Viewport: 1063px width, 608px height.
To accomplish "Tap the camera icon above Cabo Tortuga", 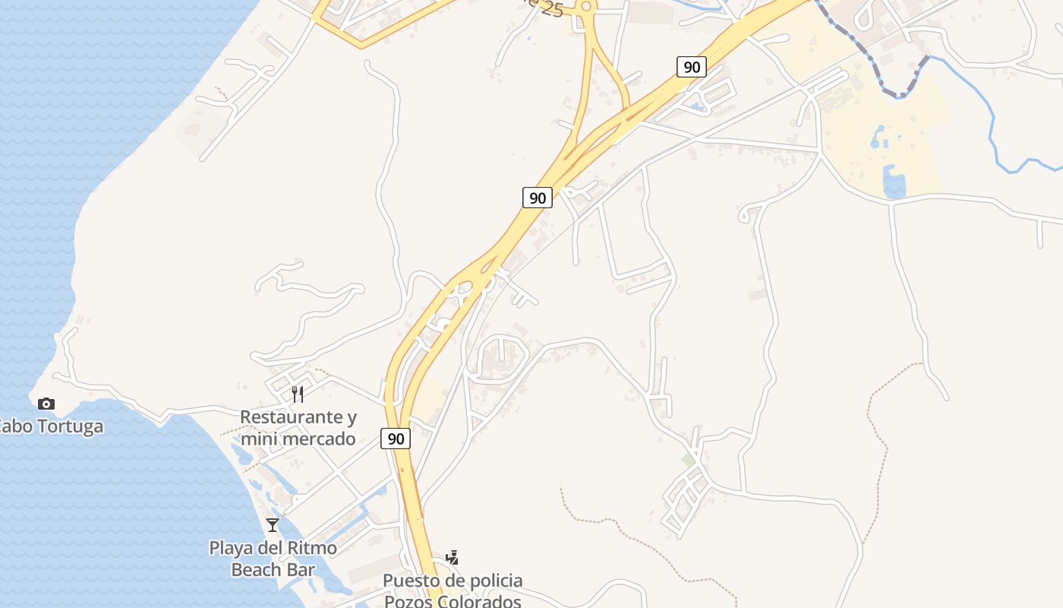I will pyautogui.click(x=46, y=404).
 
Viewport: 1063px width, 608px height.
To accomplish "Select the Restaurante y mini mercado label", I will pyautogui.click(x=298, y=428).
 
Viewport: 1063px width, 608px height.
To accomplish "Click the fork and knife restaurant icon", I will pyautogui.click(x=298, y=394).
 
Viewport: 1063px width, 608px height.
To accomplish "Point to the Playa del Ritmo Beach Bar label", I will pyautogui.click(x=273, y=559).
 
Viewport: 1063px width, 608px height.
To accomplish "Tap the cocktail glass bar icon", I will pyautogui.click(x=273, y=524).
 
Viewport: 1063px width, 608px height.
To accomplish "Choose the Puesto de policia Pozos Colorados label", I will pyautogui.click(x=453, y=591).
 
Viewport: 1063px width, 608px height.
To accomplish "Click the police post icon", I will pyautogui.click(x=453, y=557).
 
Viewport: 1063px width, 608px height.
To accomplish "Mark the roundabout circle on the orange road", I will pyautogui.click(x=585, y=7).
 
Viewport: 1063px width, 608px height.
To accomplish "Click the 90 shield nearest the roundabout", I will pyautogui.click(x=691, y=67).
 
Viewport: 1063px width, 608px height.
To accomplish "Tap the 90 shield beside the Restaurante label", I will pyautogui.click(x=395, y=439).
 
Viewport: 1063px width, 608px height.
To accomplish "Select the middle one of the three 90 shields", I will pyautogui.click(x=537, y=198).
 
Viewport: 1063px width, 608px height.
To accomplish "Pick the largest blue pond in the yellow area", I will pyautogui.click(x=894, y=185).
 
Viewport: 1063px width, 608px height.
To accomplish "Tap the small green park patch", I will pyautogui.click(x=689, y=461).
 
